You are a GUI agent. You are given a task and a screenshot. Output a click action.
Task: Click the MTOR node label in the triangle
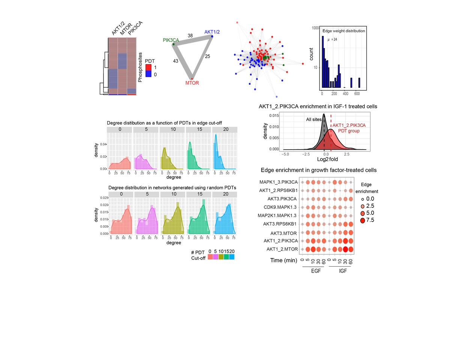[192, 83]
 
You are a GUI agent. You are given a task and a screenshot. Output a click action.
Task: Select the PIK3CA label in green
[171, 40]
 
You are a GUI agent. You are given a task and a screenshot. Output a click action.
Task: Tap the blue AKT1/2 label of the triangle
[212, 32]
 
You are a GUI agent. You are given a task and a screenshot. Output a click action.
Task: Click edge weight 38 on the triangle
[190, 36]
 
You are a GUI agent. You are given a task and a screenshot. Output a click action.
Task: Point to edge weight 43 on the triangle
[176, 61]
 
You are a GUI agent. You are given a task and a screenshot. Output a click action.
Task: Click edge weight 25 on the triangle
[207, 56]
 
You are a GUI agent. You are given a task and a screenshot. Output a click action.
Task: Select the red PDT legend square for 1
[149, 67]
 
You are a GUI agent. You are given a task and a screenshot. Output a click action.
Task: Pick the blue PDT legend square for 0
[149, 74]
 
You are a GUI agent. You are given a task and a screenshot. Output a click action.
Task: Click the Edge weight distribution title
[343, 31]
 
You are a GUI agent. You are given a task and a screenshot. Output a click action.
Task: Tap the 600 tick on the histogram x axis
[357, 94]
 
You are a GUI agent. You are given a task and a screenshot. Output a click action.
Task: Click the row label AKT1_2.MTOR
[282, 249]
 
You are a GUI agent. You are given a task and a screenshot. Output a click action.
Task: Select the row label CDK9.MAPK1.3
[280, 207]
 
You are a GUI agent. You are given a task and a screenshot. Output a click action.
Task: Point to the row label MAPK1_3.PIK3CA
[278, 182]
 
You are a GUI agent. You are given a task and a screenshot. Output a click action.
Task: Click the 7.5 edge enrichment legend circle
[362, 220]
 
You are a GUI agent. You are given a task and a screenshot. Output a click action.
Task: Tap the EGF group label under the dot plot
[316, 271]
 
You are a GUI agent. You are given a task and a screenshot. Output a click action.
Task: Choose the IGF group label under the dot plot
[343, 271]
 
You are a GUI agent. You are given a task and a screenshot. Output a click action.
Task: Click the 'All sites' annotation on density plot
[314, 119]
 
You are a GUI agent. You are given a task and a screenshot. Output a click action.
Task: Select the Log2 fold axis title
[327, 159]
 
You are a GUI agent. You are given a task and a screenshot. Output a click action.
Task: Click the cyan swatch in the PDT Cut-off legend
[232, 257]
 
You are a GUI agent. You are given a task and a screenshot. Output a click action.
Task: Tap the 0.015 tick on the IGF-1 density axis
[274, 115]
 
